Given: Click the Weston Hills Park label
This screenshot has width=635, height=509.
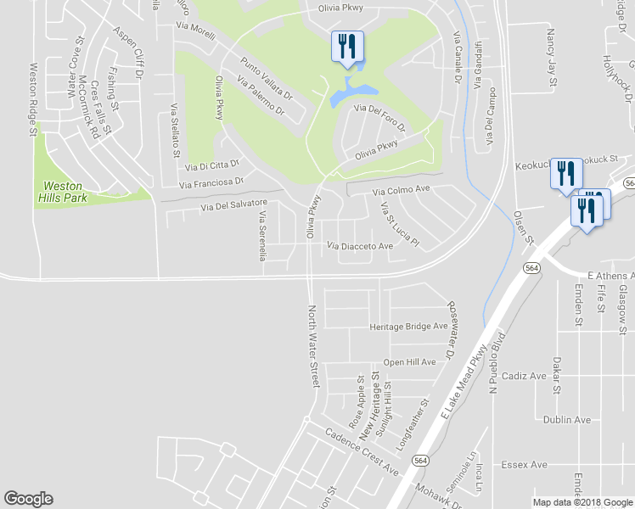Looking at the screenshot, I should coord(65,191).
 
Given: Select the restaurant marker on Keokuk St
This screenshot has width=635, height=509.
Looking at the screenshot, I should coord(565,173).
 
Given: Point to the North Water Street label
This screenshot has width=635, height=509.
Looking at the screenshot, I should coord(312,346).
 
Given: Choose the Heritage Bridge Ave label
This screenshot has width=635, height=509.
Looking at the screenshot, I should coord(407,327).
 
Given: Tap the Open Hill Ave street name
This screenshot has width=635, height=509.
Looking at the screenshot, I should coord(409,362).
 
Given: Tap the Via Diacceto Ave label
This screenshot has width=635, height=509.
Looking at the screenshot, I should coord(360,246).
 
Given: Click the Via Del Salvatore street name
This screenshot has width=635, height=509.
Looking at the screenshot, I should coord(234,205).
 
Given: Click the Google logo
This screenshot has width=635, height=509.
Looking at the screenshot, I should coord(28,499).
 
